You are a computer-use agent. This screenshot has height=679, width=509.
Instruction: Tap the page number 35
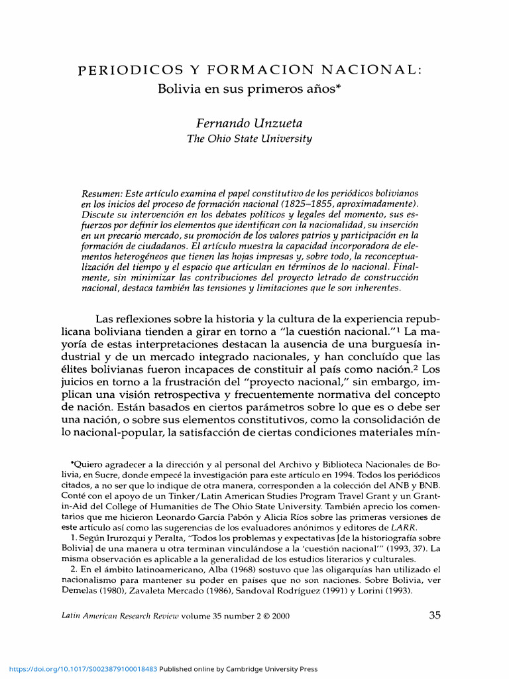click(x=435, y=615)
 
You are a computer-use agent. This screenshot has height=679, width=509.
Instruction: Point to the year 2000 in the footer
click(x=281, y=616)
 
